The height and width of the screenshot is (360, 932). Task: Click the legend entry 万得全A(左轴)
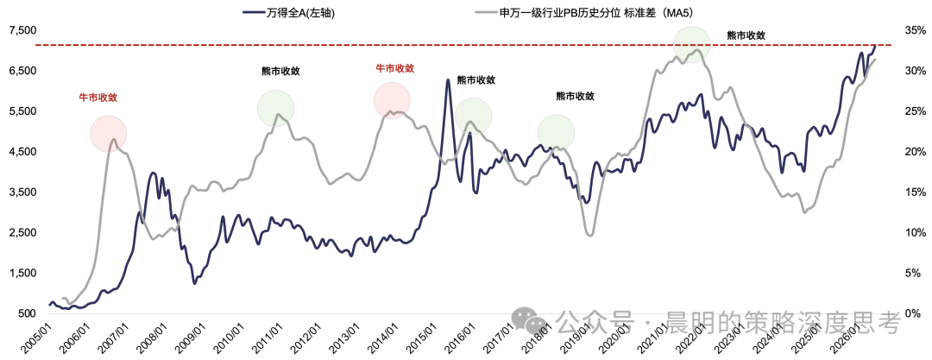coord(289,12)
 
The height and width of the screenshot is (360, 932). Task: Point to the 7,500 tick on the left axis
coord(20,30)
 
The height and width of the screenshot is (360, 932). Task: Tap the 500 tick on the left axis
coord(28,313)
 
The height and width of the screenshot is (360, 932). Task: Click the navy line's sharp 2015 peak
coord(448,79)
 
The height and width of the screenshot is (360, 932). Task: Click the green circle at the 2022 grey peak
coord(692,44)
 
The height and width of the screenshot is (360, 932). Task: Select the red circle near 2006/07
coord(108,133)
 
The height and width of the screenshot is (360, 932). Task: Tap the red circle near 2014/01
coord(393,100)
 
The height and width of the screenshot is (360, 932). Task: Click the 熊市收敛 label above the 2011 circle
coord(280,72)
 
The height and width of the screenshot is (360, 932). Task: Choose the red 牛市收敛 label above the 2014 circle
coord(394,68)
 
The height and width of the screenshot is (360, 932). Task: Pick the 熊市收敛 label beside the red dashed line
coord(746,35)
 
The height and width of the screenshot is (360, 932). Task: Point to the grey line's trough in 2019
coord(589,235)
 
